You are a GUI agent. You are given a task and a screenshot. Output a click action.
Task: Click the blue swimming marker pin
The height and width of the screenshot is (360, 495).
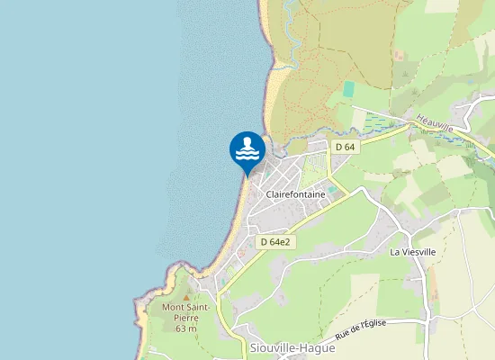pyautogui.click(x=247, y=151)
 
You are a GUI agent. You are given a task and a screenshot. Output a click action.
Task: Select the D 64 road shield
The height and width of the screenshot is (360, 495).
pyautogui.click(x=345, y=146)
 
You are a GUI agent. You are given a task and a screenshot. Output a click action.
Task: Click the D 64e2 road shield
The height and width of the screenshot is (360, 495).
pyautogui.click(x=277, y=241)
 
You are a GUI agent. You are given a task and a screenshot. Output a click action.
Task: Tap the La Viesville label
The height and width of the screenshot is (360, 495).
pyautogui.click(x=412, y=252)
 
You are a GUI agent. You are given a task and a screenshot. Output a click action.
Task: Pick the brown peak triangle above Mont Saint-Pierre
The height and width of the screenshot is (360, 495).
pyautogui.click(x=186, y=296)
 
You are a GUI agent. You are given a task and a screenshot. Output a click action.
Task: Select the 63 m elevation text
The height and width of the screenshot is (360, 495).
pyautogui.click(x=186, y=328)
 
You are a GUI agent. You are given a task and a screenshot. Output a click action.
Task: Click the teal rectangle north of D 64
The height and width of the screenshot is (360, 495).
pyautogui.click(x=349, y=89)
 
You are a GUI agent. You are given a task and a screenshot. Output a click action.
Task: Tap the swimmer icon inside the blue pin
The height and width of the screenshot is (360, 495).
pyautogui.click(x=247, y=148)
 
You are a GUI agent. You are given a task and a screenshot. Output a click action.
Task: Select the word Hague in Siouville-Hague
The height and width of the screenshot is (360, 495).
pyautogui.click(x=307, y=349)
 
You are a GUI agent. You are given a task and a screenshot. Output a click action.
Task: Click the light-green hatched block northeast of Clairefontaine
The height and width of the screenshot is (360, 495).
pyautogui.click(x=314, y=168)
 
